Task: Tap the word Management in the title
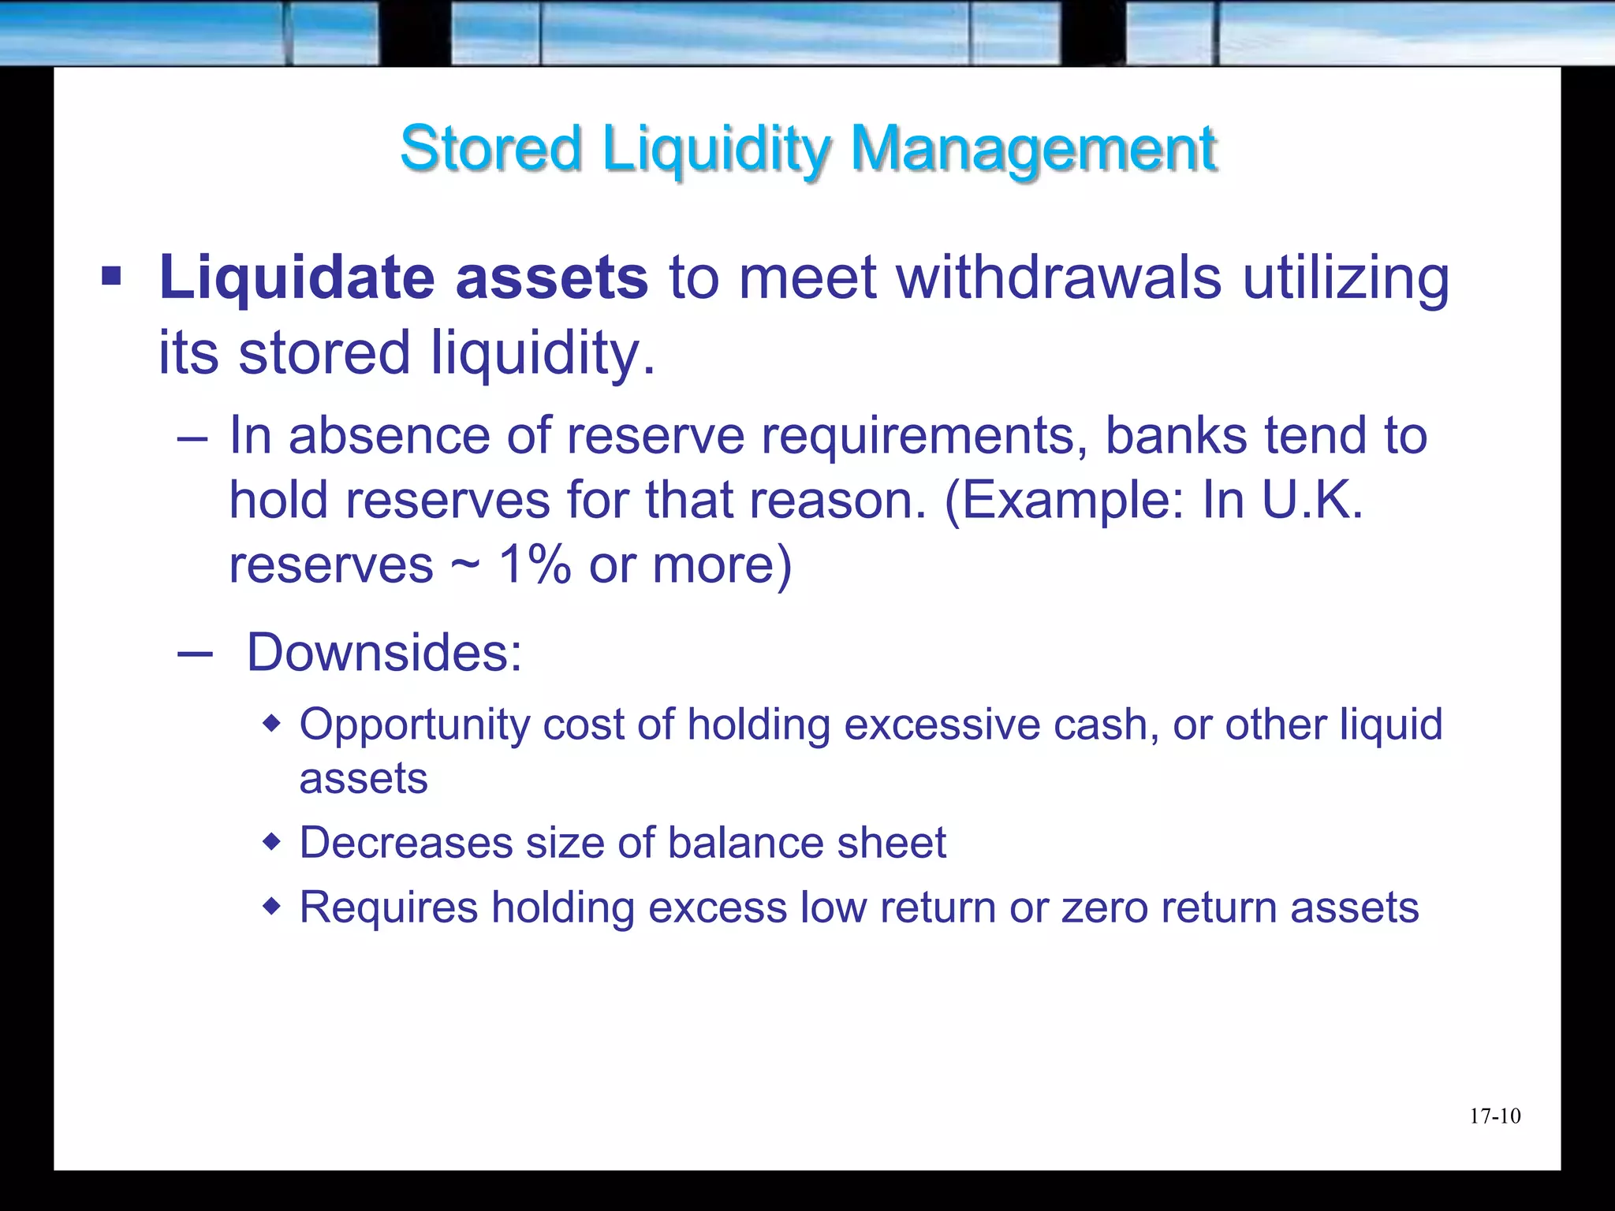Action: (x=1034, y=150)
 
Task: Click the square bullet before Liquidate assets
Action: (x=111, y=277)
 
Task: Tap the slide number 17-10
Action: (x=1494, y=1116)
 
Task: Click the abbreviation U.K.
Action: (x=1312, y=500)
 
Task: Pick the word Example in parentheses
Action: (x=1072, y=501)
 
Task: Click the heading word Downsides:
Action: (x=384, y=653)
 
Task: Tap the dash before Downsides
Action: (x=195, y=654)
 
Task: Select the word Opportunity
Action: (x=415, y=725)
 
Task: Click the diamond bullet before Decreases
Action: (x=271, y=843)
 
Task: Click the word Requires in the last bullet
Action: (x=389, y=907)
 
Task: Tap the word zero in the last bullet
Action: (x=1104, y=907)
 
